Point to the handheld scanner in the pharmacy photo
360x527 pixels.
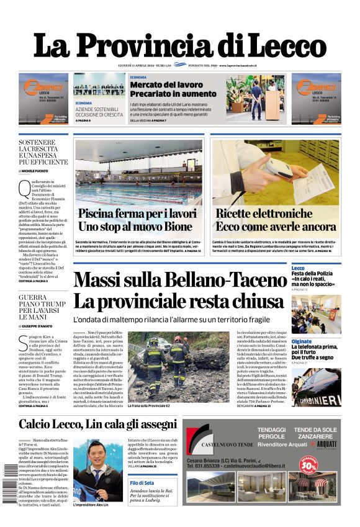(x=273, y=166)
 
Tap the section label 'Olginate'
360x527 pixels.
(x=302, y=341)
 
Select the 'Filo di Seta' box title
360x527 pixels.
(x=142, y=483)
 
